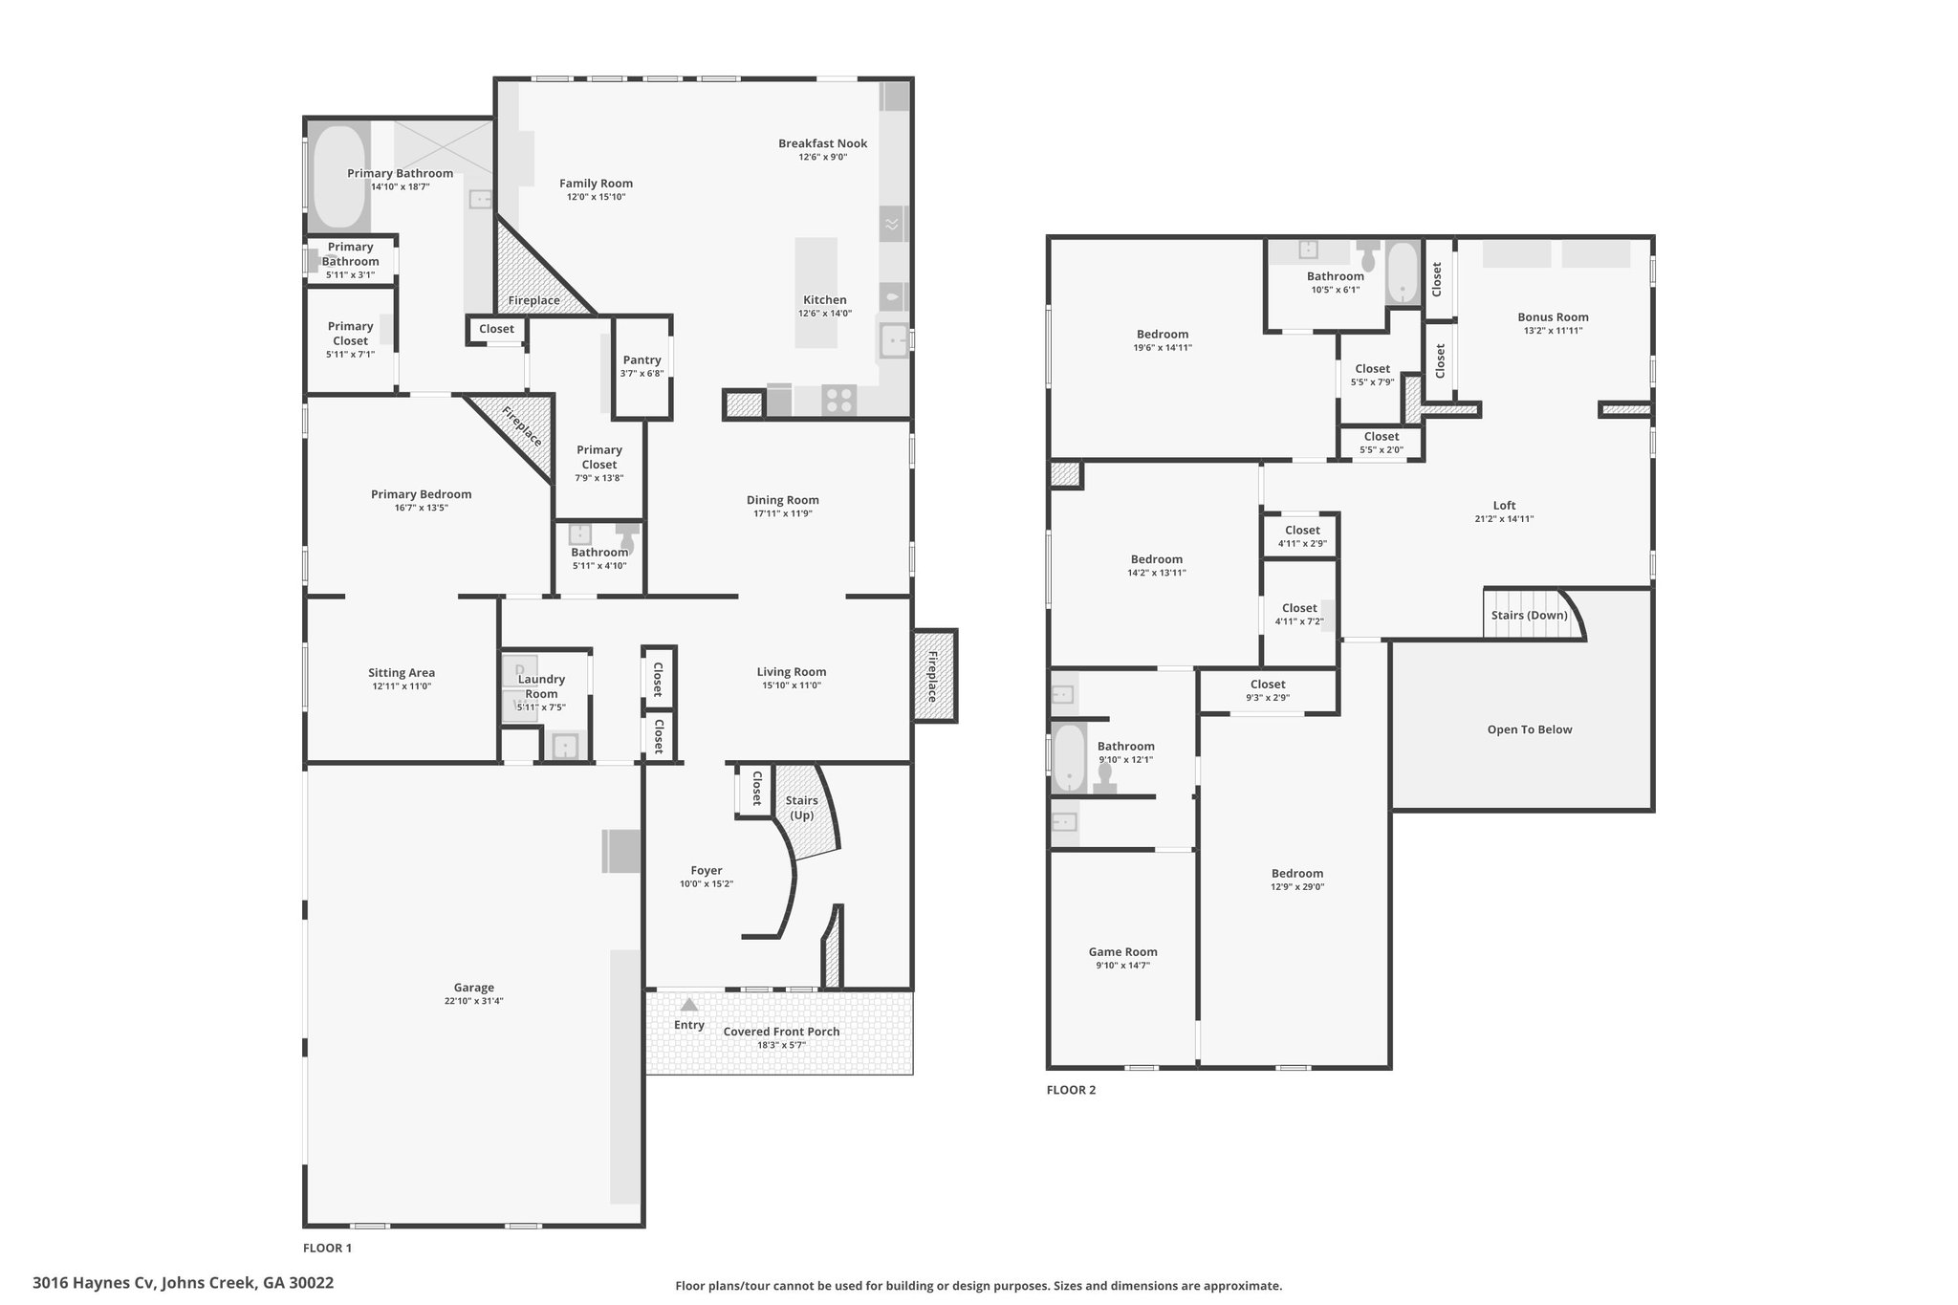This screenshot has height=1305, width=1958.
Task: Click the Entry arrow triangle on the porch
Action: point(688,1004)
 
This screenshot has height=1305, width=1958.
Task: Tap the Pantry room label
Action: point(642,360)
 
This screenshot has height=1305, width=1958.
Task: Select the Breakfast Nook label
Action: point(822,143)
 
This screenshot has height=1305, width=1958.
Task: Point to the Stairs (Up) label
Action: point(801,808)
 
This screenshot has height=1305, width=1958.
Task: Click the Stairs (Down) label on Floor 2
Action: point(1530,615)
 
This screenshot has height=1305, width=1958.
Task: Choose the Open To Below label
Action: point(1530,729)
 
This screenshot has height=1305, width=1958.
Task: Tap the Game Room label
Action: point(1122,951)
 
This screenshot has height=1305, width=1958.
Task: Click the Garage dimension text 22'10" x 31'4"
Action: point(473,1001)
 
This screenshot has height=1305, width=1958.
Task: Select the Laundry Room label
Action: point(541,686)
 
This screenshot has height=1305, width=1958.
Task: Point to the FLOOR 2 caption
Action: point(1071,1090)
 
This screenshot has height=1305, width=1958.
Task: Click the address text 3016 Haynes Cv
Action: point(93,1282)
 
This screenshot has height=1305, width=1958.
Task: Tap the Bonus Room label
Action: point(1553,317)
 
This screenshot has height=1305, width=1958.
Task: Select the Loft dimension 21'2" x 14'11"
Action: point(1504,519)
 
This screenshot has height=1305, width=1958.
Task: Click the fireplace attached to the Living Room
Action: point(934,676)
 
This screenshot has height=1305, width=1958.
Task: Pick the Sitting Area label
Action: point(402,672)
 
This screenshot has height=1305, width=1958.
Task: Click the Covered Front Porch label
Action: point(781,1032)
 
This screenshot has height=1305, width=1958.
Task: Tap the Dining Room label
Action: point(782,500)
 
